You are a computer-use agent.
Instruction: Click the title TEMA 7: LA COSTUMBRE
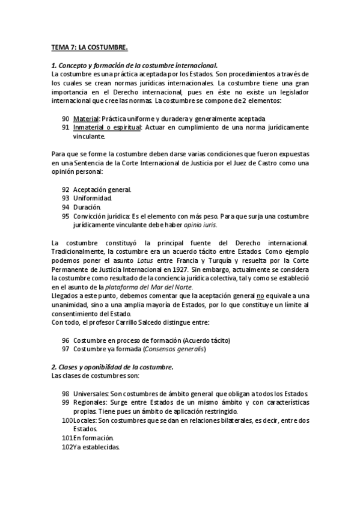click(x=90, y=46)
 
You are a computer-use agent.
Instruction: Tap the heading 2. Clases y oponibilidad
click(x=112, y=367)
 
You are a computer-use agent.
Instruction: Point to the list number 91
click(x=66, y=127)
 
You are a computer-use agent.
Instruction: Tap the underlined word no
click(x=261, y=296)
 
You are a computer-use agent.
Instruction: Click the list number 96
click(x=66, y=340)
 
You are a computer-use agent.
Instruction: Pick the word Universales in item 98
click(x=91, y=393)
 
